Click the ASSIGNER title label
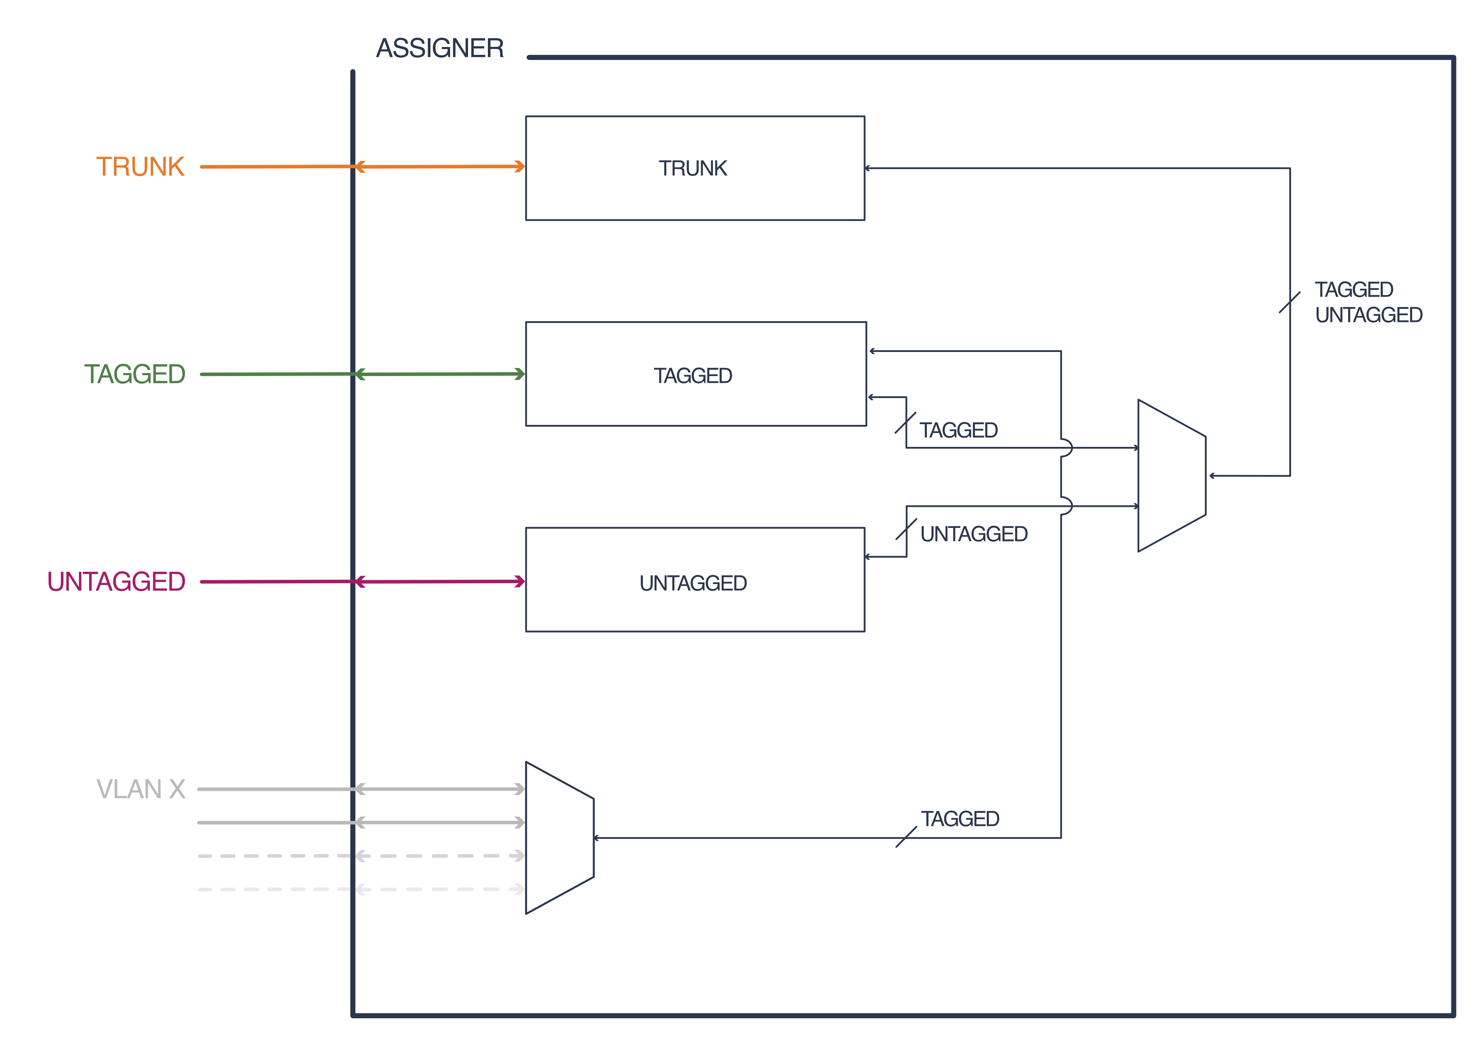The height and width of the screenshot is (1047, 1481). tap(440, 49)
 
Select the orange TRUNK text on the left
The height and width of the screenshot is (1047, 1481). tap(141, 167)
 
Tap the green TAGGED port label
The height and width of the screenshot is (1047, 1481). tap(135, 374)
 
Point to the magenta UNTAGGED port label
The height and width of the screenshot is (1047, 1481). tap(116, 582)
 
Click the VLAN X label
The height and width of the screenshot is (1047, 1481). tap(141, 789)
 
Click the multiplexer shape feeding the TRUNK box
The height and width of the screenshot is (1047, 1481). tap(1171, 476)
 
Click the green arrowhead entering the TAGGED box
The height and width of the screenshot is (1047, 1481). tap(520, 374)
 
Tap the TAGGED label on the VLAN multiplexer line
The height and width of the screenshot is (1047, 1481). tap(960, 819)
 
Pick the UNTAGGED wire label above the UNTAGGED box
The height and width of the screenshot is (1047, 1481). tap(973, 534)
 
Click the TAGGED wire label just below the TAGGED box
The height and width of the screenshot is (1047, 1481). tap(958, 430)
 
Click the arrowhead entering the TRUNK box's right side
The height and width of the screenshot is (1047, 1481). tap(868, 168)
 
